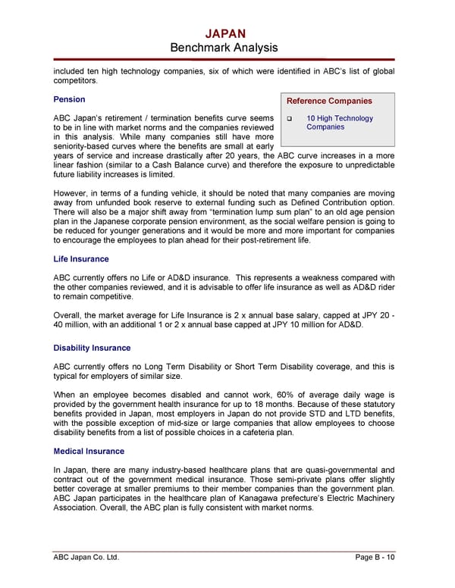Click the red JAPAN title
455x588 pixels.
click(x=225, y=33)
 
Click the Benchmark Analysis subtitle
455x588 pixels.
click(x=225, y=48)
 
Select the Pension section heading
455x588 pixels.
click(x=69, y=99)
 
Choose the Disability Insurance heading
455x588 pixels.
click(x=92, y=348)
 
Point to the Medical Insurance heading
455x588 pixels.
click(x=88, y=451)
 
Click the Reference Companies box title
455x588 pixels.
click(x=328, y=101)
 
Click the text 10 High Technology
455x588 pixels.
click(x=340, y=118)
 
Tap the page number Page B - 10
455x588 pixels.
click(x=375, y=558)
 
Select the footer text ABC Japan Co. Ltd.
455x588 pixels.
click(x=85, y=558)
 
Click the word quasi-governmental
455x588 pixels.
click(x=335, y=470)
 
